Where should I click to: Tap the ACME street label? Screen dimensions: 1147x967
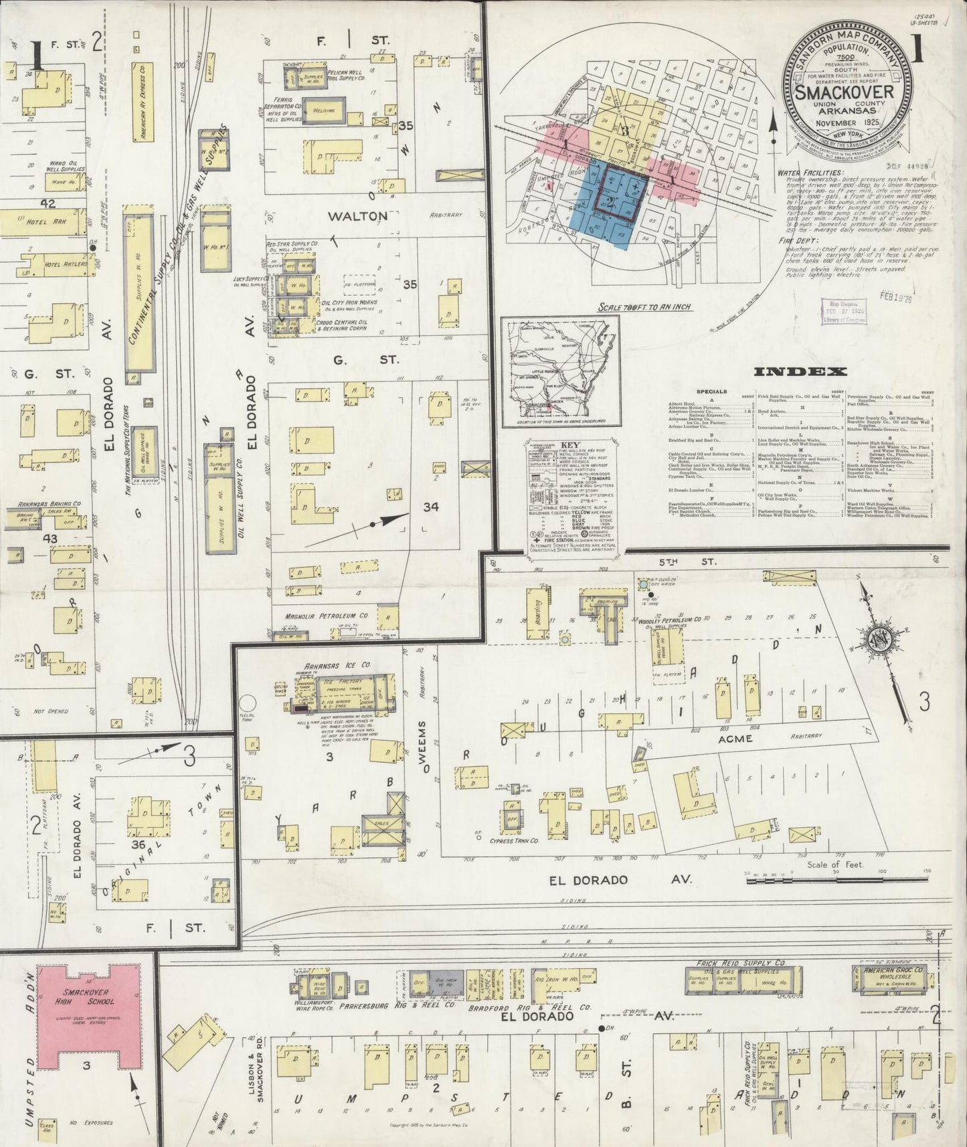point(735,739)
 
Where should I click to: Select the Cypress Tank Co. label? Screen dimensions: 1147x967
point(515,841)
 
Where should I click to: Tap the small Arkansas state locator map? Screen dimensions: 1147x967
point(561,371)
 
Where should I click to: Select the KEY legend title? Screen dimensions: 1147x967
point(570,444)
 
